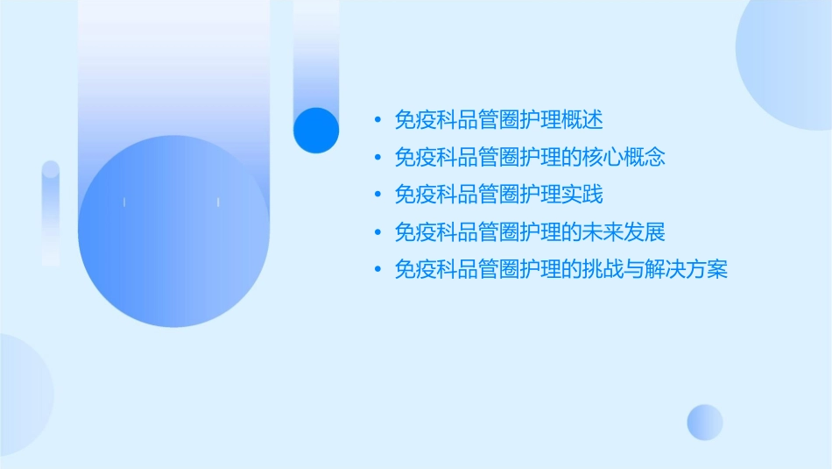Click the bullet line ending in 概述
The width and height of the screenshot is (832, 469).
tap(499, 119)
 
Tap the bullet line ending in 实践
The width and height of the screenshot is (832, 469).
tap(499, 195)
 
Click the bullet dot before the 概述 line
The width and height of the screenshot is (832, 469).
tap(377, 119)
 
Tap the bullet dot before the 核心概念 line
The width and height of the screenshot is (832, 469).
tap(377, 157)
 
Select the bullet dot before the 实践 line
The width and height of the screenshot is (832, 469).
tap(377, 195)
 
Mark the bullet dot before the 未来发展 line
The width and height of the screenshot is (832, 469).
tap(377, 232)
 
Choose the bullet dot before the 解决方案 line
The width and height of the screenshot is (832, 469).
tap(377, 270)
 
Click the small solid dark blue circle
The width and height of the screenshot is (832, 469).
tap(316, 130)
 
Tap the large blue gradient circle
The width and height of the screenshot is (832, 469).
tap(173, 231)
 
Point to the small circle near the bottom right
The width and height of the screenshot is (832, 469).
tap(705, 422)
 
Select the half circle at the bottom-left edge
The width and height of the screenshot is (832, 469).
tap(22, 394)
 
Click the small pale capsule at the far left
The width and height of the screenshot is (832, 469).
tap(51, 212)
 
